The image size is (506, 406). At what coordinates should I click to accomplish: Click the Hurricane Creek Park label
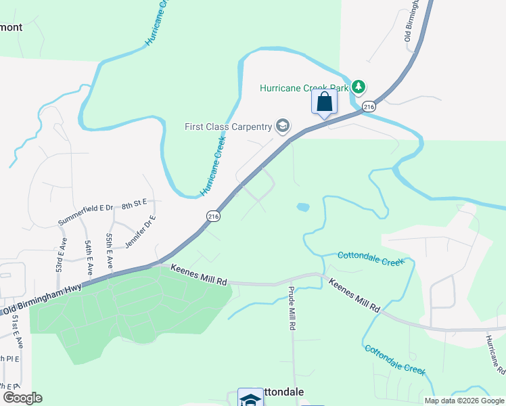[x=304, y=88]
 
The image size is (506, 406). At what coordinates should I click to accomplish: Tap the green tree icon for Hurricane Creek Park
[x=359, y=87]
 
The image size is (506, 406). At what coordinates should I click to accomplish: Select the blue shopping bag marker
[x=325, y=103]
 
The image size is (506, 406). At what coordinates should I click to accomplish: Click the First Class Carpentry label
[x=228, y=127]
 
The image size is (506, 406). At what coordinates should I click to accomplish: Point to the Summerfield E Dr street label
[x=86, y=215]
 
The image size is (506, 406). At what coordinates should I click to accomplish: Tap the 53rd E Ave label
[x=61, y=254]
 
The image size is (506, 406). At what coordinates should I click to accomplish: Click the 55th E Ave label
[x=109, y=250]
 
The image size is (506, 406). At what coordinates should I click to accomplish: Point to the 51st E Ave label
[x=16, y=333]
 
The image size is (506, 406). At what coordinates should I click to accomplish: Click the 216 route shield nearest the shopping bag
[x=368, y=107]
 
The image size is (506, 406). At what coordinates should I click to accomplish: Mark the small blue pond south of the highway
[x=302, y=207]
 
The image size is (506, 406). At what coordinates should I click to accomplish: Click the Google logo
[x=22, y=397]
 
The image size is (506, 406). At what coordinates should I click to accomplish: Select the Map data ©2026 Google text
[x=463, y=401]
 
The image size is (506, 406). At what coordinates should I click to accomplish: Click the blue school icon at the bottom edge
[x=250, y=398]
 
